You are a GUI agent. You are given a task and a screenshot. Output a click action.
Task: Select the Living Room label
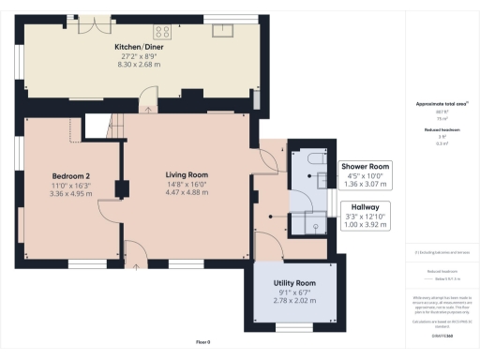[x=187, y=175]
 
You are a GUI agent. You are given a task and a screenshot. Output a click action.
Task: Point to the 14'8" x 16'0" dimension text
[x=187, y=184]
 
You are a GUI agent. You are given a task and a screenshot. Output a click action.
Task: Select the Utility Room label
[x=294, y=282]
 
